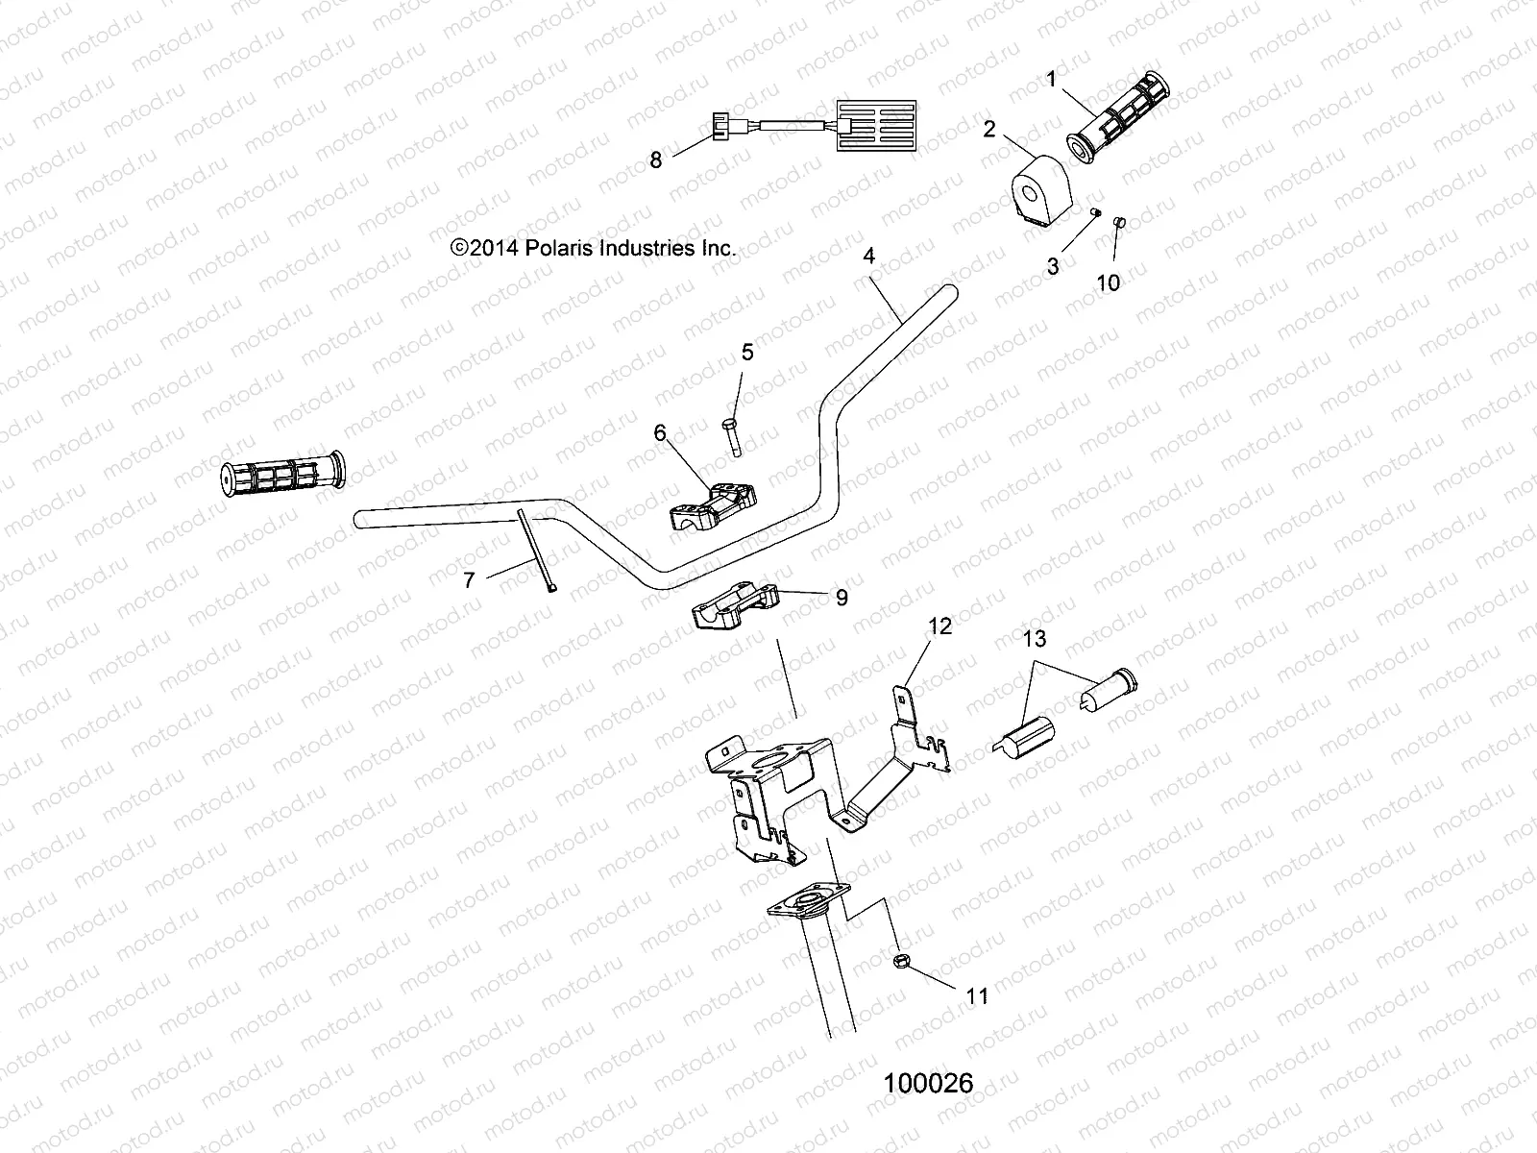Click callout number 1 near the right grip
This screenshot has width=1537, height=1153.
coord(1052,80)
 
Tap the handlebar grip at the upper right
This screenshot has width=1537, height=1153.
coord(1119,117)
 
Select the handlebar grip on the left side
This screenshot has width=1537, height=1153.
coord(281,473)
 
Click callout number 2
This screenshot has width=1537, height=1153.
coord(990,128)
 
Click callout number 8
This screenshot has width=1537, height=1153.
coord(683,159)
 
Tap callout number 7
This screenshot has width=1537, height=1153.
coord(469,579)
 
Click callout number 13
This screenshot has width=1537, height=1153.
coord(1035,639)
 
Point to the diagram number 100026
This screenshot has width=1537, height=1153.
coord(928,1084)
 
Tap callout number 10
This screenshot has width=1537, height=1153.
coord(1109,282)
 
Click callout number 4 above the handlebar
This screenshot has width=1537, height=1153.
coord(868,257)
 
